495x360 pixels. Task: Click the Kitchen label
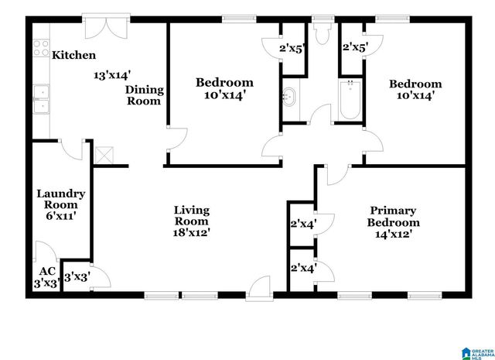[x=73, y=55]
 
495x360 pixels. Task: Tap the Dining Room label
[x=144, y=94]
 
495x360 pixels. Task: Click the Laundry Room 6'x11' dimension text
[x=61, y=216]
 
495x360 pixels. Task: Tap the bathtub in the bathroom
[x=349, y=101]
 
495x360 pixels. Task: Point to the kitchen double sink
[x=40, y=100]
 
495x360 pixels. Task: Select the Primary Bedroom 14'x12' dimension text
[x=393, y=234]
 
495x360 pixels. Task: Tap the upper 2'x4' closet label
[x=302, y=225]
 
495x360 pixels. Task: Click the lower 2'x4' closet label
[x=302, y=269]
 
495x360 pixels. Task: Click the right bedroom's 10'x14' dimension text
[x=415, y=97]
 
